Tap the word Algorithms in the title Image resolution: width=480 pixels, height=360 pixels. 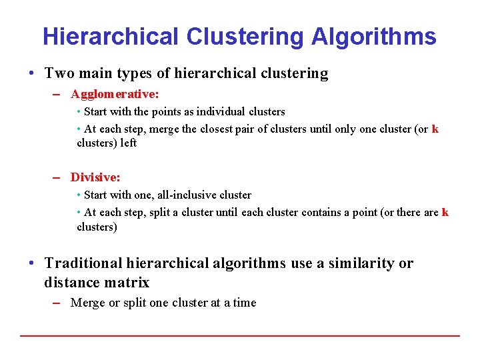[373, 36]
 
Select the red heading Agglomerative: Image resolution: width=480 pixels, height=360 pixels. [115, 94]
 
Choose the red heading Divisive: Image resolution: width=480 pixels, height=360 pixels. [95, 177]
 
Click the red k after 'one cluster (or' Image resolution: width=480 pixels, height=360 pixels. [435, 129]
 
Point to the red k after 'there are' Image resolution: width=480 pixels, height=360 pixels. [445, 212]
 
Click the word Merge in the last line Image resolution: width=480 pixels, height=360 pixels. [87, 303]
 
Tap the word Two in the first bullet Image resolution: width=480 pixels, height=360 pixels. [59, 73]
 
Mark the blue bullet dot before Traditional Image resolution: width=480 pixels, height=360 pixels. [33, 263]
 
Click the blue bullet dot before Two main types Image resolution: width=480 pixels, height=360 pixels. [33, 73]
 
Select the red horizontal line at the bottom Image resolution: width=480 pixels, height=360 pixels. [240, 335]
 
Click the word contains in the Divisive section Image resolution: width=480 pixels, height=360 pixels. [323, 212]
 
